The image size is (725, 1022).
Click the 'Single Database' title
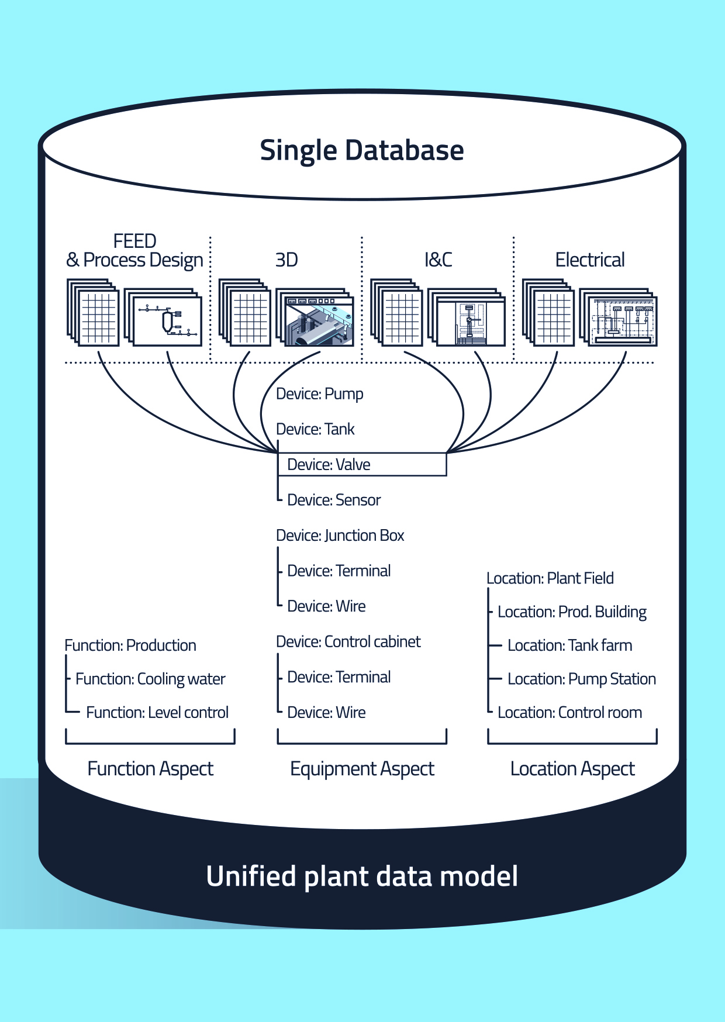(x=362, y=150)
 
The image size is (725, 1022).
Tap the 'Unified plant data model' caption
(x=362, y=876)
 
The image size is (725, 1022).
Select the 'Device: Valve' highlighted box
(x=362, y=465)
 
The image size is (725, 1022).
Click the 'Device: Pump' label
(x=319, y=394)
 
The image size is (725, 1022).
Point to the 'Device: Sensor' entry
(x=334, y=500)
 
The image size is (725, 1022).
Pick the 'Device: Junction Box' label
(x=340, y=536)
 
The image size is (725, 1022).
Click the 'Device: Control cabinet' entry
(x=348, y=642)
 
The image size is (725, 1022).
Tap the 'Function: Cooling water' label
(x=150, y=679)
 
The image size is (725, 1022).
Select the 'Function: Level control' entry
(x=157, y=713)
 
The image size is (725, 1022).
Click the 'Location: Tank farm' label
(x=569, y=645)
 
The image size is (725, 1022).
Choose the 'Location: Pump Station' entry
(x=581, y=679)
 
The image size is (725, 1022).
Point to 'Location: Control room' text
(x=569, y=713)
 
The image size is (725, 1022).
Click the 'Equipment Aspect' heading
(x=362, y=769)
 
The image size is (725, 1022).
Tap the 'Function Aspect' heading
(x=150, y=769)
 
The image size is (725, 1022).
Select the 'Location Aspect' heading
(x=572, y=769)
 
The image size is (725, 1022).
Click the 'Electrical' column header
(x=590, y=260)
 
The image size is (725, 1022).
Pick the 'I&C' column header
(x=438, y=260)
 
